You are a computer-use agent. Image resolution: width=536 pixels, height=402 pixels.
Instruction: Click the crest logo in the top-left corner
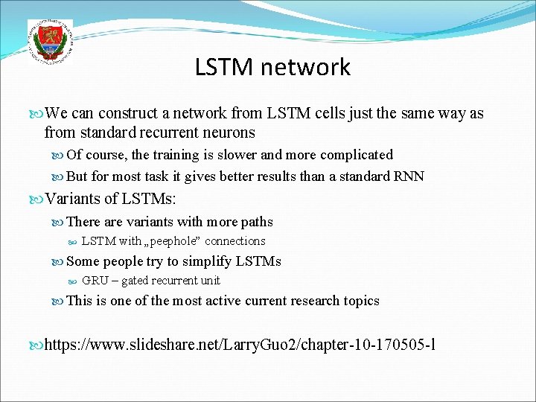[x=50, y=42]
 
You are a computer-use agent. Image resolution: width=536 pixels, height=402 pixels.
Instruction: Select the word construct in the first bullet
[x=129, y=114]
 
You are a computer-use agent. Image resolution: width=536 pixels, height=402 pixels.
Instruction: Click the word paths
[x=255, y=222]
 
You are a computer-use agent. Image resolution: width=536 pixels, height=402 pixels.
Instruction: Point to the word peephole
[x=173, y=241]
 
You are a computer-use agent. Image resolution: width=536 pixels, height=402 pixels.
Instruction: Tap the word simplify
[x=208, y=261]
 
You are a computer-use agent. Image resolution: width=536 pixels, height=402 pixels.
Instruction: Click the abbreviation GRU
[x=95, y=281]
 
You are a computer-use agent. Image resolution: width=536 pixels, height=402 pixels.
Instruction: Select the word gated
[x=135, y=281]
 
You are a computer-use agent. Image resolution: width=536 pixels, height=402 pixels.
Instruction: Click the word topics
[x=361, y=301]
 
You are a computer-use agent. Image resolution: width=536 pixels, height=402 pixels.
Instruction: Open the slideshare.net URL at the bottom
[x=240, y=345]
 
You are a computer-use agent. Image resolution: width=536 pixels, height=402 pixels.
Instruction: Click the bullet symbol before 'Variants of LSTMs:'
[x=39, y=200]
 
